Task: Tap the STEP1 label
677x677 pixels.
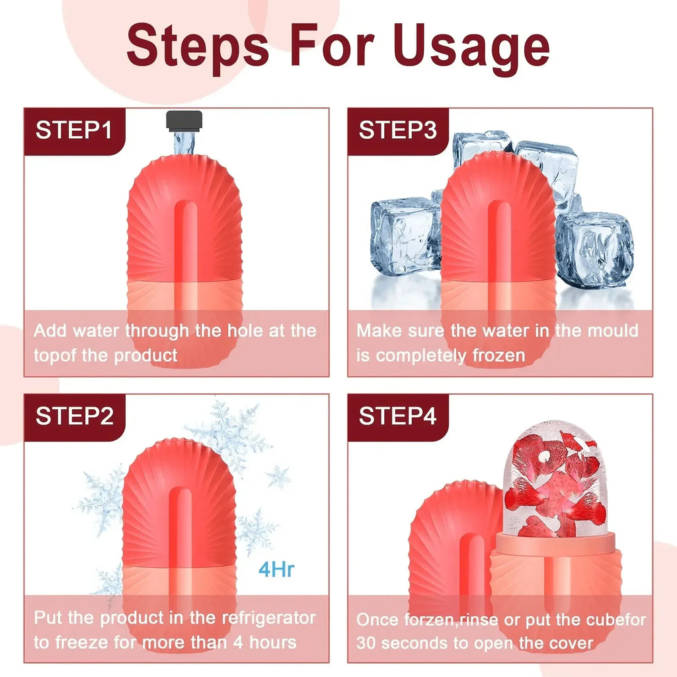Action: tap(73, 130)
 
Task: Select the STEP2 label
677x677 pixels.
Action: tap(73, 417)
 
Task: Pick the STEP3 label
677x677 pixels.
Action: tap(397, 130)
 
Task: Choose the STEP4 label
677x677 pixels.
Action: tap(397, 417)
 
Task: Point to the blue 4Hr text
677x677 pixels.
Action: tap(276, 569)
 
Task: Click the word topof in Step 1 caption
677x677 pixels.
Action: tap(55, 355)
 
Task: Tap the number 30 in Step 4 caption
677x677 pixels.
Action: tap(366, 643)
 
